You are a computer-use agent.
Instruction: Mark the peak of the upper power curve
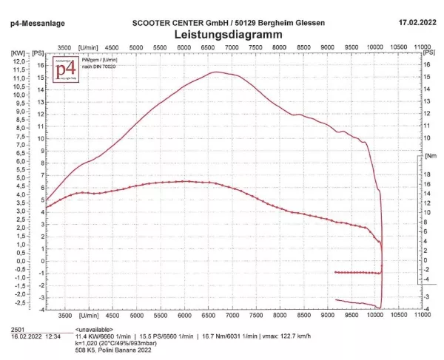[x=215, y=72]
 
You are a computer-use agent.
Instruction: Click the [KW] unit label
[x=16, y=53]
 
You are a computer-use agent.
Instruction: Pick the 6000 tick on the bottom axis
[x=184, y=315]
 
